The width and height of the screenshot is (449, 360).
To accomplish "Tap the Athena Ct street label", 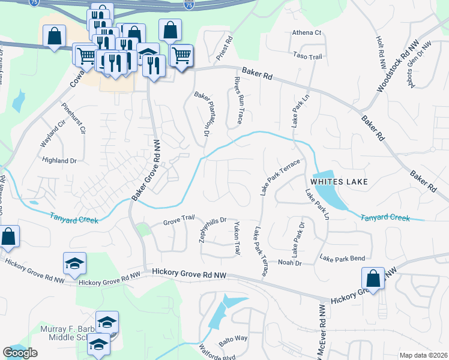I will tap(307, 33).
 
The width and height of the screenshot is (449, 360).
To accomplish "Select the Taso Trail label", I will tap(308, 56).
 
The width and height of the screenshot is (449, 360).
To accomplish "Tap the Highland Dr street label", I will tap(60, 161).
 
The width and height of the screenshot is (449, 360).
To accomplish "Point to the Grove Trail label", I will tap(179, 223).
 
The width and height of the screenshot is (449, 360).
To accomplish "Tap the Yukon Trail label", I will tap(237, 237).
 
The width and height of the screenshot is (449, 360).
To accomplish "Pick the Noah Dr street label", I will tap(289, 262).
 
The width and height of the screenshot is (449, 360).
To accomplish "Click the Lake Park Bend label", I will tap(342, 258).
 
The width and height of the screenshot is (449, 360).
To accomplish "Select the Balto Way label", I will tap(234, 340).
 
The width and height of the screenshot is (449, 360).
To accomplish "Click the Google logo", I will tap(20, 353).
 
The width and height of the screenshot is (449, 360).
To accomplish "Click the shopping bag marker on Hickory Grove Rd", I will tap(373, 279).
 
